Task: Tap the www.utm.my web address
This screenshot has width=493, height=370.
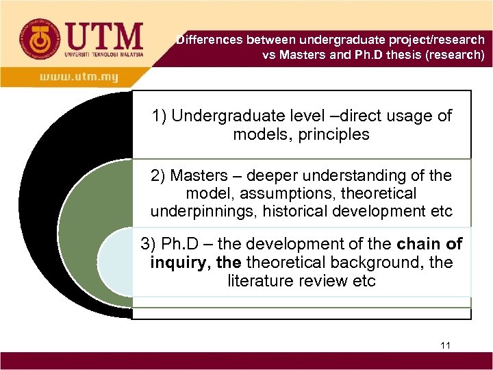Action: click(x=79, y=77)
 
